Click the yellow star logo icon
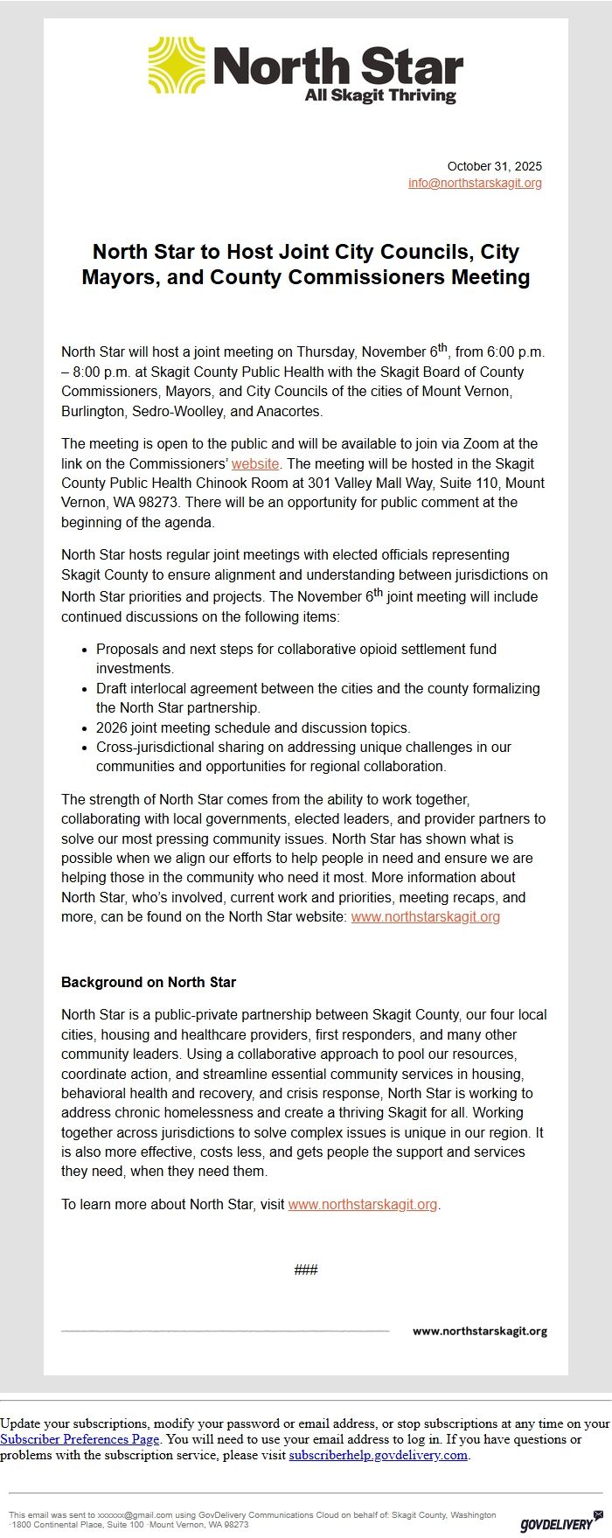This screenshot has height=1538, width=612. click(x=177, y=66)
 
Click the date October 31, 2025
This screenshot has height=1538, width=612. click(x=494, y=166)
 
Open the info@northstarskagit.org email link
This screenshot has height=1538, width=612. click(x=475, y=183)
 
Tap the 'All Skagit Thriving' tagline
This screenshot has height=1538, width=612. click(x=380, y=95)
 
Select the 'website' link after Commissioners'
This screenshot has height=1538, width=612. click(x=255, y=463)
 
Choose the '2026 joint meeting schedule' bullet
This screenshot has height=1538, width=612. click(x=253, y=727)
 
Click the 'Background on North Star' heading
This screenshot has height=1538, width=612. click(x=149, y=982)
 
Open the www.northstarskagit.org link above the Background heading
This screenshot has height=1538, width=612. click(x=425, y=916)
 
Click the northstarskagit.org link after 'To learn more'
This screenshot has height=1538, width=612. click(x=362, y=1204)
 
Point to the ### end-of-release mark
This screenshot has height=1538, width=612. click(x=306, y=1270)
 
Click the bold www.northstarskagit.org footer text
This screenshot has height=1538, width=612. click(x=479, y=1331)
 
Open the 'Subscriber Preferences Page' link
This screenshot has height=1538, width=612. click(x=80, y=1439)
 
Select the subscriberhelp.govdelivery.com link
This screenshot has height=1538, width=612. click(x=378, y=1455)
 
